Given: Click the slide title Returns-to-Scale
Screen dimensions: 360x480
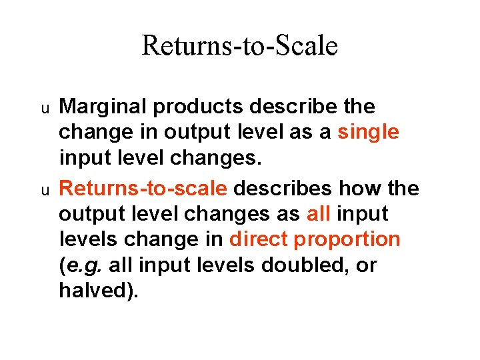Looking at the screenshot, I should point(240,46).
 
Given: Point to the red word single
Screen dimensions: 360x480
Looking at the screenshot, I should point(369,133).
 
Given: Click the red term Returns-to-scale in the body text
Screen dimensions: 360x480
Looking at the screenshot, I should point(143,188).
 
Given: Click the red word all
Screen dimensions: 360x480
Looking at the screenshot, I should point(320,214).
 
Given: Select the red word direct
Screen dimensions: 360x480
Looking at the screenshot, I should point(259,239).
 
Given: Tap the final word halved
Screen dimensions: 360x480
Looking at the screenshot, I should point(95,291).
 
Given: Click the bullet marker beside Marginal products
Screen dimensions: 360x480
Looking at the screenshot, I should point(45,108).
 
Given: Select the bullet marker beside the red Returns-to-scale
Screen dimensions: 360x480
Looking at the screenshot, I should point(45,190).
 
